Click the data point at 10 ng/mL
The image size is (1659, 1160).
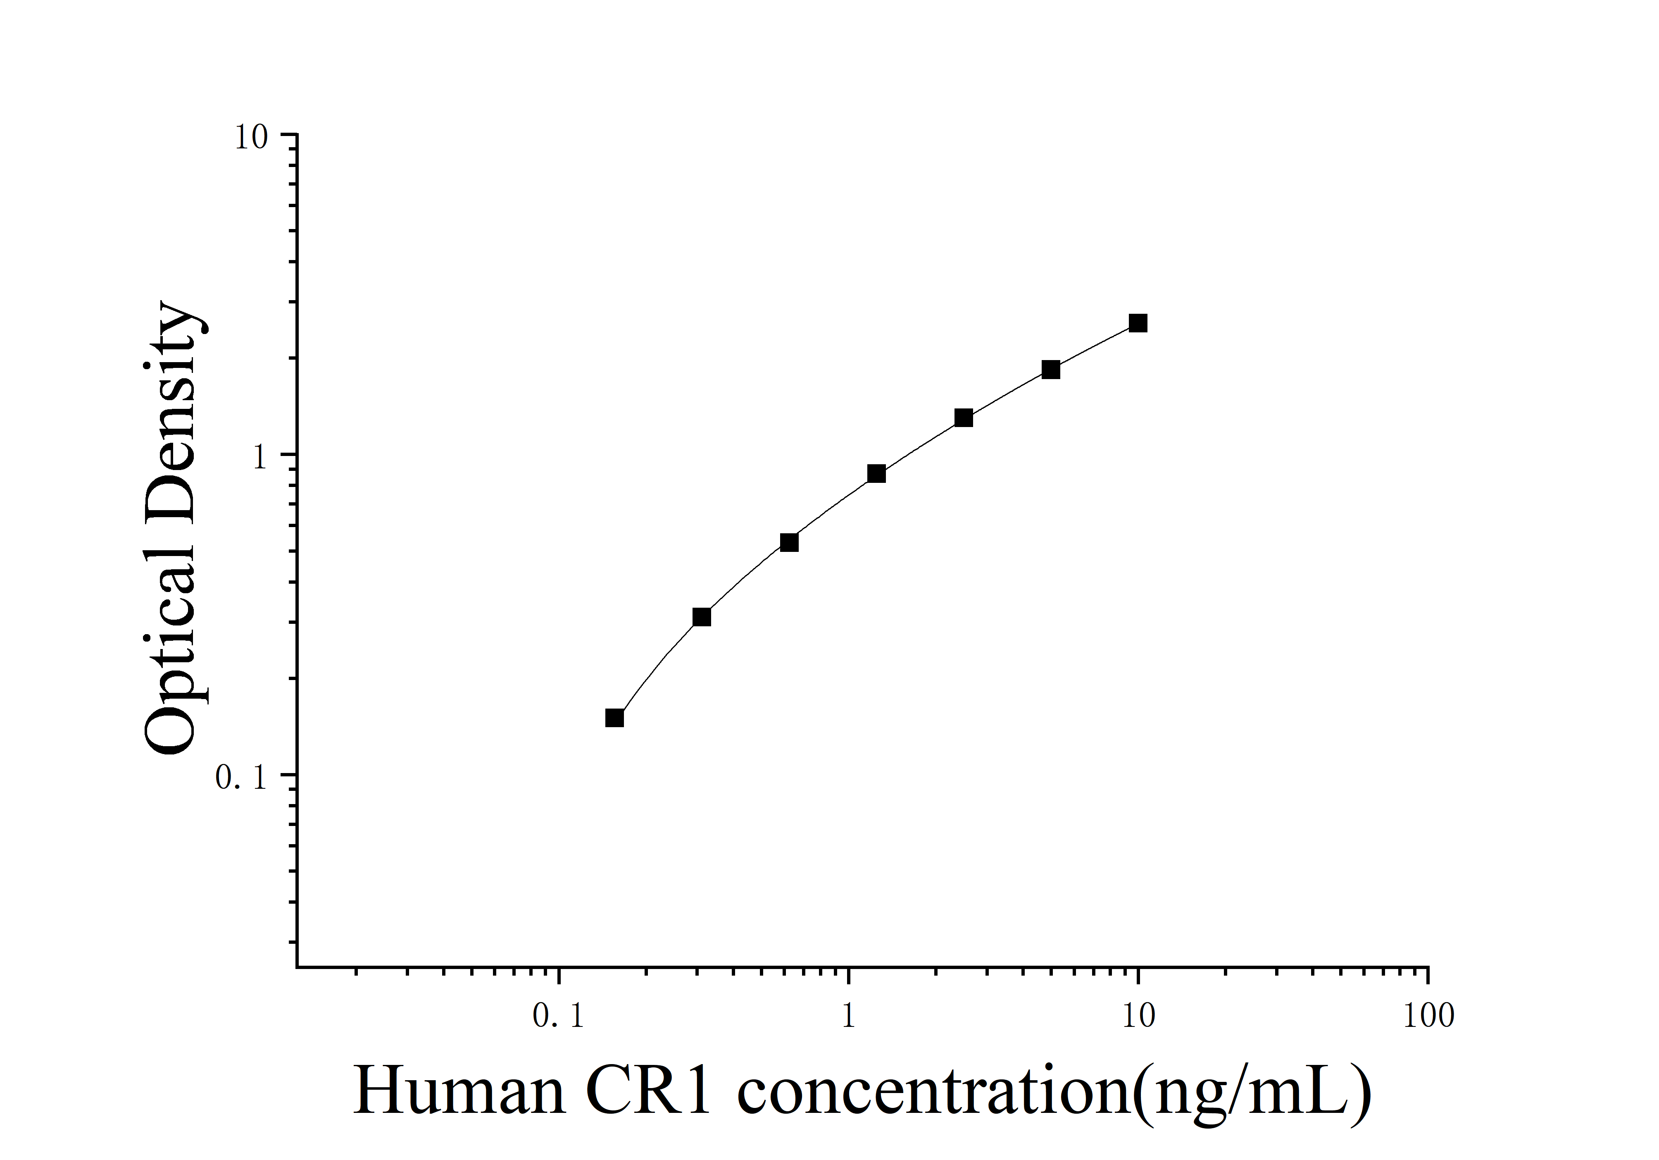coord(1138,323)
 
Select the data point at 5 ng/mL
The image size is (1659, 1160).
coord(1051,369)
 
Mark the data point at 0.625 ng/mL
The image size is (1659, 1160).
coord(789,542)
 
